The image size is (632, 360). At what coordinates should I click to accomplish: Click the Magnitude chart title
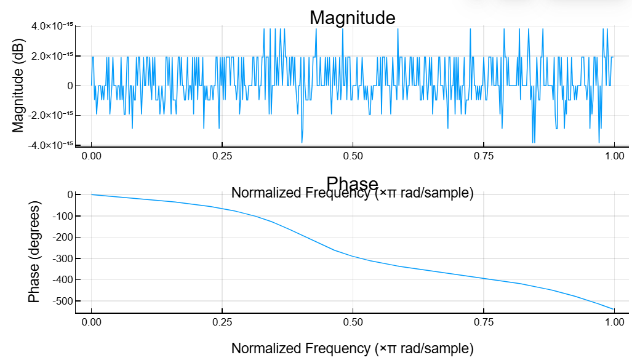(352, 17)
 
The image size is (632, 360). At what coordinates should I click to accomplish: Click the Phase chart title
(352, 183)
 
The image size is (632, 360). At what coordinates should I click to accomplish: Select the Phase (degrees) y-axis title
(34, 252)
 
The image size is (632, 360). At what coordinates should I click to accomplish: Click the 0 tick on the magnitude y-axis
(70, 86)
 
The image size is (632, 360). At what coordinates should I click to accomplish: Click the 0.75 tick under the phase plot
(484, 322)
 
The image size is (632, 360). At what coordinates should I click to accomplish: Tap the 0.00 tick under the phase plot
(92, 322)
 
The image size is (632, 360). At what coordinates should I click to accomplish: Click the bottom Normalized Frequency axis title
(352, 348)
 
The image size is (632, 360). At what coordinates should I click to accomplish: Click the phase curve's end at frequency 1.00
(614, 309)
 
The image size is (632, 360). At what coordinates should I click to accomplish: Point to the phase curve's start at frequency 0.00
(92, 194)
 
